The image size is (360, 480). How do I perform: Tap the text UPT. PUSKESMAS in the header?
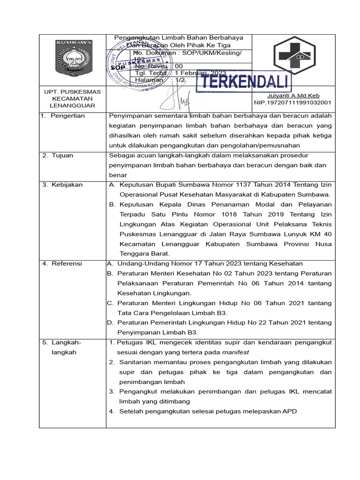[72, 92]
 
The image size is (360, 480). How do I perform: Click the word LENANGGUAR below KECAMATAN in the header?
[72, 105]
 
